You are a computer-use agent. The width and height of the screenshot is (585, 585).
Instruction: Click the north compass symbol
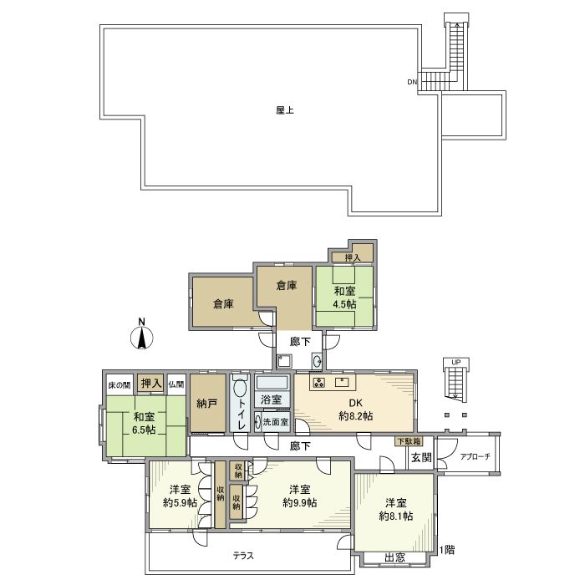tap(142, 336)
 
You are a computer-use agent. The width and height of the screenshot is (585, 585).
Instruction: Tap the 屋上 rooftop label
tap(284, 109)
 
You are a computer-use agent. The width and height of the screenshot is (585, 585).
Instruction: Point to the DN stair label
tap(412, 82)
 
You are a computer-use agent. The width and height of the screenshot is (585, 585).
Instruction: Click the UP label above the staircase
tap(455, 362)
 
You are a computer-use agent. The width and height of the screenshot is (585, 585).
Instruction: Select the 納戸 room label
tap(207, 403)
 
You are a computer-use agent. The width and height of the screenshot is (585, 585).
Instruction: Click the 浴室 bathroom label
tap(271, 400)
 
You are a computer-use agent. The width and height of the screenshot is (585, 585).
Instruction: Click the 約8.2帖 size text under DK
tap(356, 415)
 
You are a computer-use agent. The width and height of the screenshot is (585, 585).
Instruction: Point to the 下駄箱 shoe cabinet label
tap(409, 440)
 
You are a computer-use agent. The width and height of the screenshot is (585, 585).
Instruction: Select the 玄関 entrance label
tap(420, 458)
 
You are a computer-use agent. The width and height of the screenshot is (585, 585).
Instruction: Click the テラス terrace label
tap(244, 556)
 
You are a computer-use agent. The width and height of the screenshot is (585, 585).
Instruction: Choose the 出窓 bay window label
tap(395, 558)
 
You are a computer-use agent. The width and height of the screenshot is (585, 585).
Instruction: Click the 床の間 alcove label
tap(120, 384)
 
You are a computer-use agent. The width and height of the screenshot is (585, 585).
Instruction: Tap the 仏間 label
tap(175, 384)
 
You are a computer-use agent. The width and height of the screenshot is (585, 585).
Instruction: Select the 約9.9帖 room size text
tap(299, 503)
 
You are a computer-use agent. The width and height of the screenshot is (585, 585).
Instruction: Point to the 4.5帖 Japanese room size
tap(344, 305)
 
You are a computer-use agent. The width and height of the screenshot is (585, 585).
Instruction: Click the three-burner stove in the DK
tap(318, 384)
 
